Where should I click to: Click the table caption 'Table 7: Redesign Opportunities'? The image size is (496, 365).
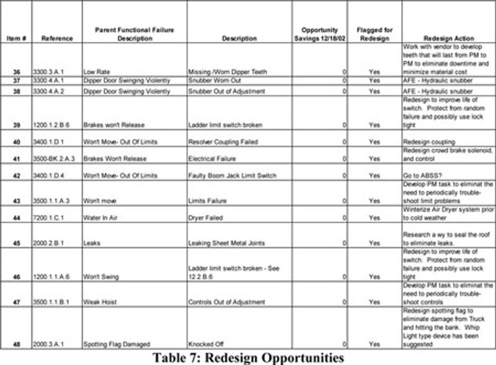(x=248, y=357)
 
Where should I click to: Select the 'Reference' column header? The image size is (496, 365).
(x=57, y=38)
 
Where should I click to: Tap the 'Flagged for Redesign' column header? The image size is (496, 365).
(x=374, y=34)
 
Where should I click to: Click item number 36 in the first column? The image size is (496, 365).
(x=17, y=72)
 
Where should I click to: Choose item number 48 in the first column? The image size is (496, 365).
(x=17, y=344)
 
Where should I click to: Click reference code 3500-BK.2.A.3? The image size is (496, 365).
(x=54, y=159)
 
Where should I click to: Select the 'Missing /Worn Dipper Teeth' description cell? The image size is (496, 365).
(x=227, y=72)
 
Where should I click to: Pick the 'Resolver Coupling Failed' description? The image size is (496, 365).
(x=223, y=142)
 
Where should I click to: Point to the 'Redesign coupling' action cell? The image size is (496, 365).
(x=429, y=142)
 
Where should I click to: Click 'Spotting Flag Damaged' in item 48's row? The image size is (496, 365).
(x=116, y=344)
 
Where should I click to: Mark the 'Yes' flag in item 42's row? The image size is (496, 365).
(x=374, y=176)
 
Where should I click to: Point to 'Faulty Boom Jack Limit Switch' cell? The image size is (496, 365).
(x=232, y=176)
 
